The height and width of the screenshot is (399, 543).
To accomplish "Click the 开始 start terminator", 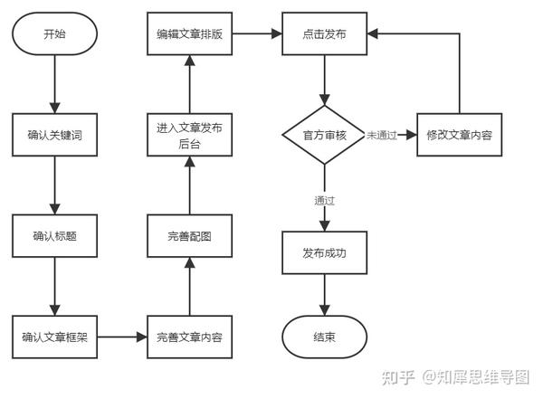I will pos(54,34).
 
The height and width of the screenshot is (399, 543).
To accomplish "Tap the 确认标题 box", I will pos(54,236).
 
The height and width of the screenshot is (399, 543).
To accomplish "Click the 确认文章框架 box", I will pos(54,337).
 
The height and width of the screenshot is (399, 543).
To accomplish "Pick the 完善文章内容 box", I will pos(189,337).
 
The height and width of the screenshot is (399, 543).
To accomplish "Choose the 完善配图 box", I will pos(189,236).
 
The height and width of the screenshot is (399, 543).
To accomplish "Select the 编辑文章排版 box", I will pos(189,34).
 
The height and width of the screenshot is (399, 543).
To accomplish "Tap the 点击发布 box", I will pos(324,34).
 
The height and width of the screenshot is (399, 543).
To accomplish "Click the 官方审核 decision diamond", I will pos(324,135).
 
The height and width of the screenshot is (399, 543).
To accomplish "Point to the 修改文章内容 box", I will pos(459,135).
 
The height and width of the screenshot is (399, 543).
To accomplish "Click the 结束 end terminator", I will pos(324,337).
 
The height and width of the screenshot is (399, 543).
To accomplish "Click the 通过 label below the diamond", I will pos(324,200).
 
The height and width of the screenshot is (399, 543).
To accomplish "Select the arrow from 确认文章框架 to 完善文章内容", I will pos(122,337).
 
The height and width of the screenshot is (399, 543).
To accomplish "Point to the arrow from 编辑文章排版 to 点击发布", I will pos(257,34).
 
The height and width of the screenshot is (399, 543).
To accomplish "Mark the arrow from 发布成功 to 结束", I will pos(324,295).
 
